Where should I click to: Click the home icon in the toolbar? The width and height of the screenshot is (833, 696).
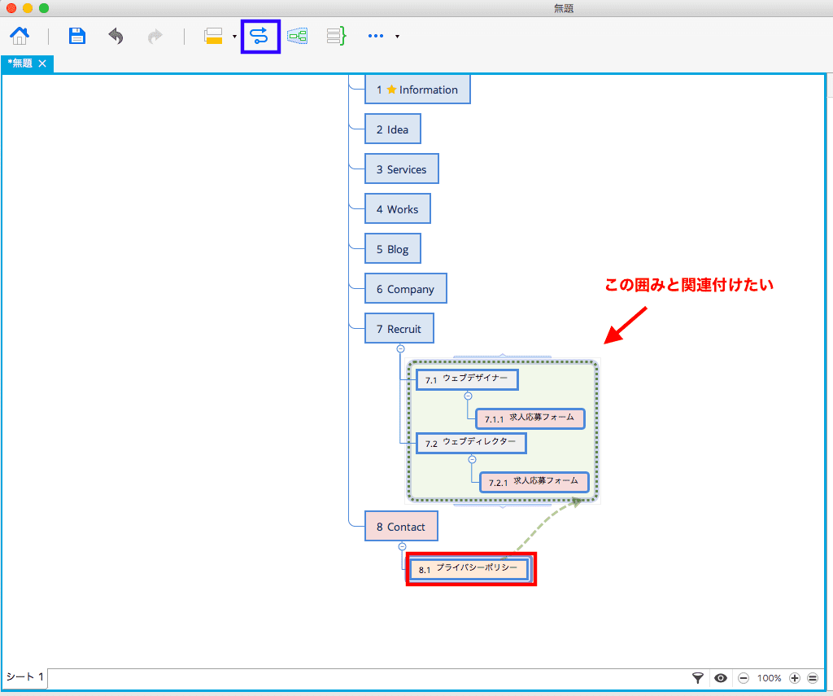pos(20,36)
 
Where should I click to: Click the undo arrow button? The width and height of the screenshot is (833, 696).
pos(116,36)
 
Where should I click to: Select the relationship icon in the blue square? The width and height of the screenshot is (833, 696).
pos(259,36)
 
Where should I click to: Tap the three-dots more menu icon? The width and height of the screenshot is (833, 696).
pos(376,36)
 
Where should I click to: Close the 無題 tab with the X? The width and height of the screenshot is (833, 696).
pos(42,63)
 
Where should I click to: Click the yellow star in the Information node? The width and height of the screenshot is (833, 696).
pos(391,90)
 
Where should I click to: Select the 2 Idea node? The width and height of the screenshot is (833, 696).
pos(393,129)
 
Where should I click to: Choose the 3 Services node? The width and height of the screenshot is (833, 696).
pos(402,169)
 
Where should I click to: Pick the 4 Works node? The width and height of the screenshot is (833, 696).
pos(397,208)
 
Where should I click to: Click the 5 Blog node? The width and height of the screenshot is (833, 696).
pos(393,248)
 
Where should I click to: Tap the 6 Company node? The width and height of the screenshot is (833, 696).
pos(405,288)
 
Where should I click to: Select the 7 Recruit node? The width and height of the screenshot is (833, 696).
pos(399,328)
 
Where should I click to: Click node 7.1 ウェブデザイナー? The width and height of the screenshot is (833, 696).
pos(466,379)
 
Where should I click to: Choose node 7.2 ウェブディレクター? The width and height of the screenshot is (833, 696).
pos(471,443)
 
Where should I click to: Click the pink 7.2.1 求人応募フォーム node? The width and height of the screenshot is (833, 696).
pos(534,482)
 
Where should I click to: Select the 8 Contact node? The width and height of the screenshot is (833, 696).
pos(401,526)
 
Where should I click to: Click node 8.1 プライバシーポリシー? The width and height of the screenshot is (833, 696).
pos(469,569)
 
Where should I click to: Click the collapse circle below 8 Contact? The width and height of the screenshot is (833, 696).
pos(402,546)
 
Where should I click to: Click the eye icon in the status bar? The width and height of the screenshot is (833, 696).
pos(721,678)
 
